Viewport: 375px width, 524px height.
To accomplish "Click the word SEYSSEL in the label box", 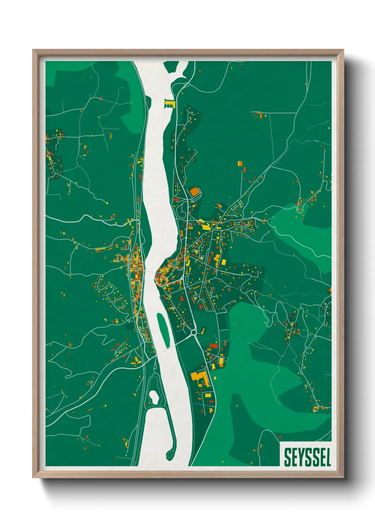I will point(307,457).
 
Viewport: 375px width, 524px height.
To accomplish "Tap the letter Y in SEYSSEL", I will point(297,457).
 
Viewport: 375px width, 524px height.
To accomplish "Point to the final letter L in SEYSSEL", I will point(328,457).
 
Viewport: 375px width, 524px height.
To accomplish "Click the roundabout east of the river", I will point(194,333).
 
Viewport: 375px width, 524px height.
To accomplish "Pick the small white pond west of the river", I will point(154,397).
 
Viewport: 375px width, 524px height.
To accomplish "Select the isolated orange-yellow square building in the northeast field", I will point(240,164).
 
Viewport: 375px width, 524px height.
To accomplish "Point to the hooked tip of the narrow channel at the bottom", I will point(169,454).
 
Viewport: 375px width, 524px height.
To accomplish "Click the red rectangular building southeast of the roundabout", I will point(214,345).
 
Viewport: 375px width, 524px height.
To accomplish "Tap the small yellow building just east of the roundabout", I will point(203,330).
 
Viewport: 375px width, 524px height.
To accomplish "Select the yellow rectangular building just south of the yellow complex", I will point(207,395).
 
